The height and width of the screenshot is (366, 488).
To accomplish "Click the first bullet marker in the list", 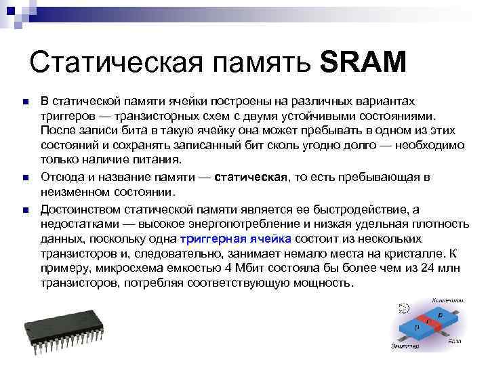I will [25, 102].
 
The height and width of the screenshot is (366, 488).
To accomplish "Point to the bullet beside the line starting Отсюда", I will [25, 178].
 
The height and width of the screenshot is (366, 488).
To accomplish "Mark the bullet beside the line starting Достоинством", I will [25, 208].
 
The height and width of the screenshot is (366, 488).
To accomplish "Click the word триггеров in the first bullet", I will [67, 117].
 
